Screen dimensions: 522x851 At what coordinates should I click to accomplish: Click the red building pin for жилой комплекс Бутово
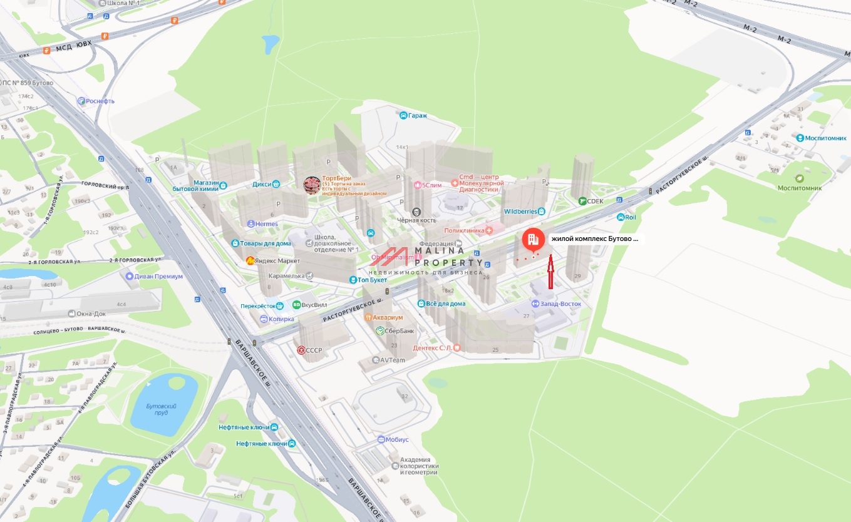coord(532,240)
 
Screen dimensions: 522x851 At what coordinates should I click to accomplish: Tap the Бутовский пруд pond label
coord(161,410)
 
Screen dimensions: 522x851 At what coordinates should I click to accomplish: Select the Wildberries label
coord(521,211)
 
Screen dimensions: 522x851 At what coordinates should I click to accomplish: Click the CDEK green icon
coord(582,201)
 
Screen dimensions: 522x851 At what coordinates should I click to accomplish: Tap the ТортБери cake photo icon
coord(311,185)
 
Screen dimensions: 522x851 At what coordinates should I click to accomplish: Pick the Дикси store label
coord(262,184)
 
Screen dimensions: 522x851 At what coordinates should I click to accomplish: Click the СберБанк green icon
coord(380,330)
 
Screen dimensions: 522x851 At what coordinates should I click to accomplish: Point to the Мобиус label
coord(396,439)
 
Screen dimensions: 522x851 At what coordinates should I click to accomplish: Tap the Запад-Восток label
coord(561,304)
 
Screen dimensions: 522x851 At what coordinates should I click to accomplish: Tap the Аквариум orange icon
coord(369,317)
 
